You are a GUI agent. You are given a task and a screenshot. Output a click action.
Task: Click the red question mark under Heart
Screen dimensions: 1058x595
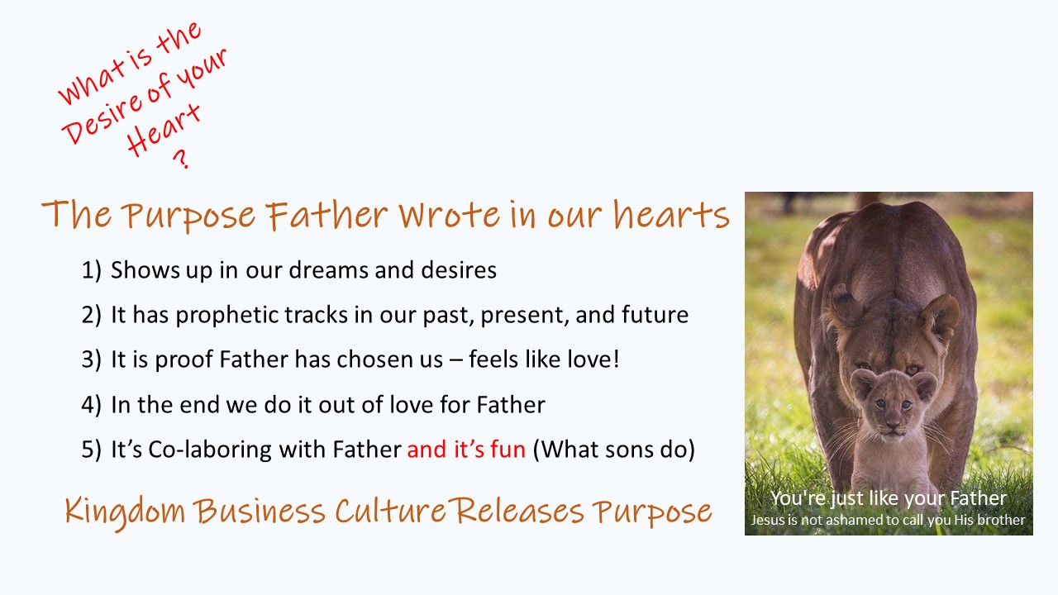181,159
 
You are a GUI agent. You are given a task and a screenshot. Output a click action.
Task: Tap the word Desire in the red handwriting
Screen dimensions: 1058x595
101,118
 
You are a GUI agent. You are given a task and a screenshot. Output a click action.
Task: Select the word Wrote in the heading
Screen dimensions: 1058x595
449,214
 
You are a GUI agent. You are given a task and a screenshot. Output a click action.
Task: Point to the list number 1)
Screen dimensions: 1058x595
91,270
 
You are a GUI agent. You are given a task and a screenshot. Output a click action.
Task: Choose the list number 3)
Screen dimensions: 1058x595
91,359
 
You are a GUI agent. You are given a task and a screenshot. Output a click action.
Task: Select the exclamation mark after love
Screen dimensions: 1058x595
616,359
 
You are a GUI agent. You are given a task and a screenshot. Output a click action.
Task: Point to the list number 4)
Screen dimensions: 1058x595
91,405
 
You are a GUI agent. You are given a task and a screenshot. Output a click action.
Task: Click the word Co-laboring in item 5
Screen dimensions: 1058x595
210,450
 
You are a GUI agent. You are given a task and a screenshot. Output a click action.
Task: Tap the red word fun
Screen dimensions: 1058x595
508,449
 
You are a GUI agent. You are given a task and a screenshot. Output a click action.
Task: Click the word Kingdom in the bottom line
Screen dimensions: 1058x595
125,512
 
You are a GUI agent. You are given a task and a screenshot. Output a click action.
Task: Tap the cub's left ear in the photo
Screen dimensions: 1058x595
862,383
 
